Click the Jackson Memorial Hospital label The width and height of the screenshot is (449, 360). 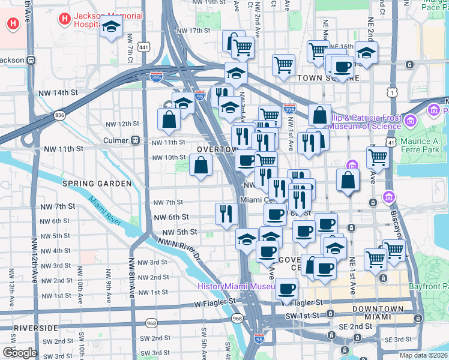108,19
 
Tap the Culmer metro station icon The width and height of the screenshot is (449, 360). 136,140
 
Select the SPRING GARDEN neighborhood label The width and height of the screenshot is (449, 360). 97,184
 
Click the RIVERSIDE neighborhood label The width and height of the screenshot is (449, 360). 35,328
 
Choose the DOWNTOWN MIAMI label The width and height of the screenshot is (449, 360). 378,313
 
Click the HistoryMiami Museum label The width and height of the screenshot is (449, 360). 237,286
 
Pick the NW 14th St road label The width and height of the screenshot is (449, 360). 62,93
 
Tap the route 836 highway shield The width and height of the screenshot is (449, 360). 59,115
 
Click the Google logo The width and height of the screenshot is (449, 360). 20,352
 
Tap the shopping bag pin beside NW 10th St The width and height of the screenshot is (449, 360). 200,164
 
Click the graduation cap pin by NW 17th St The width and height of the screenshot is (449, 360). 111,28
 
